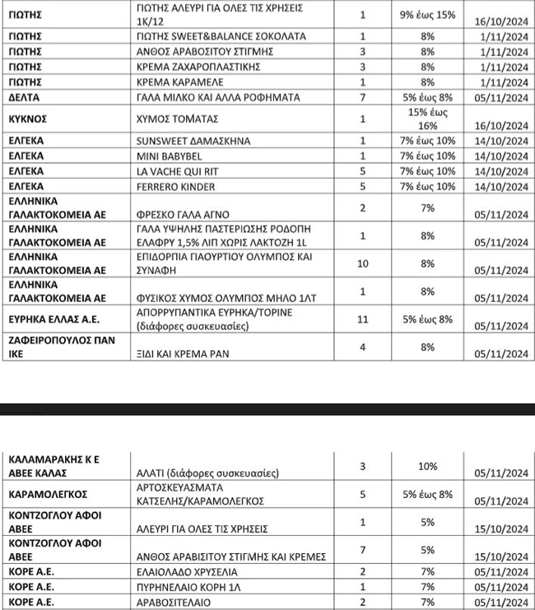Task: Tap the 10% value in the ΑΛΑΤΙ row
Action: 427,467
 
